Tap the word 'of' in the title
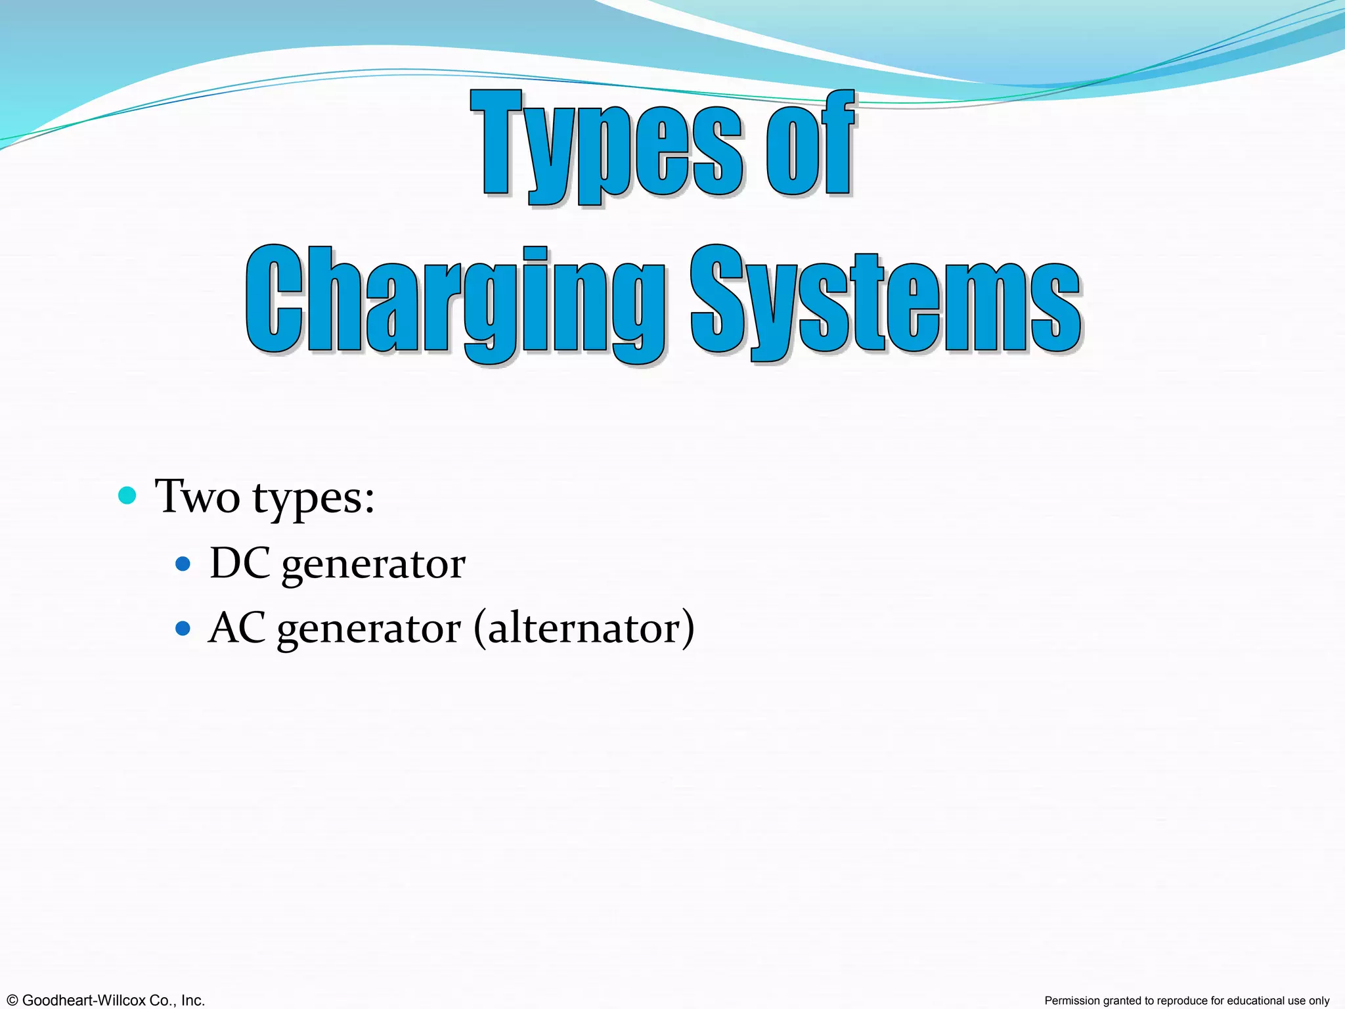pyautogui.click(x=810, y=145)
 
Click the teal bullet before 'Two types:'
pyautogui.click(x=127, y=495)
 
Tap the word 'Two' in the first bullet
pyautogui.click(x=197, y=497)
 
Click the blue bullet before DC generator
pyautogui.click(x=183, y=564)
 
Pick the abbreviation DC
pyautogui.click(x=240, y=564)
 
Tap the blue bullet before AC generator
pyautogui.click(x=183, y=629)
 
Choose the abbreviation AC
pyautogui.click(x=237, y=629)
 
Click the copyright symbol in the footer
pyautogui.click(x=11, y=1000)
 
